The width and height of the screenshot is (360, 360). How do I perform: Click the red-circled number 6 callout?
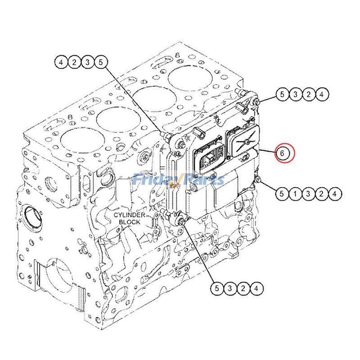(282, 153)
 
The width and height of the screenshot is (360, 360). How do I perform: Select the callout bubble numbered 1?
(293, 194)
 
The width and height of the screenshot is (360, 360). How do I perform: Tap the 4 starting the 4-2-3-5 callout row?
(62, 63)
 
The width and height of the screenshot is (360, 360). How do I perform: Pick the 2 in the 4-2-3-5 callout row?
(74, 63)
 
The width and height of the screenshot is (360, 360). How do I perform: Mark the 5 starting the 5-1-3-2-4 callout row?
(281, 194)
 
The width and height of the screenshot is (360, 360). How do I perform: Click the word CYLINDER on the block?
(129, 215)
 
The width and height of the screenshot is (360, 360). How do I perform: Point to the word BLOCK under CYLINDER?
(129, 222)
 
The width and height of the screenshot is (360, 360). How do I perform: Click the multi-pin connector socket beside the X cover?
(209, 158)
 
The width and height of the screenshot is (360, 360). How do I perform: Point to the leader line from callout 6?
(268, 151)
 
